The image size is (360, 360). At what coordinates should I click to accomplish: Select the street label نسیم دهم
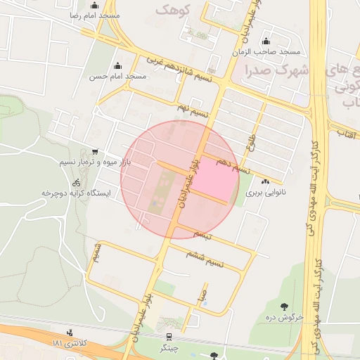(x=233, y=166)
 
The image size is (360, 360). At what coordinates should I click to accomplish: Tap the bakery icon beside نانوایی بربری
(x=265, y=182)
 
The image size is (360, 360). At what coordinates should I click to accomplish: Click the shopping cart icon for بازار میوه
(x=95, y=152)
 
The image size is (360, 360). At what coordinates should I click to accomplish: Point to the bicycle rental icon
(x=76, y=182)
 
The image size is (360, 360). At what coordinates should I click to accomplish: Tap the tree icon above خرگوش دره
(x=284, y=306)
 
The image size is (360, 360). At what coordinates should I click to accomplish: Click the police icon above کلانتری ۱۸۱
(x=70, y=333)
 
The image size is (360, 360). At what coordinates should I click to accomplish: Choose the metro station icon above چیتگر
(x=169, y=337)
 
